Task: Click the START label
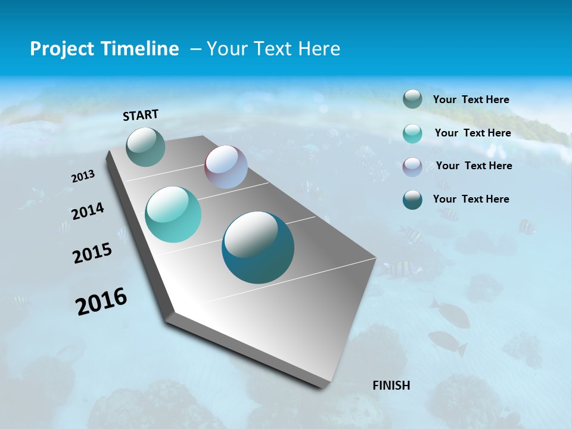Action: [x=141, y=115]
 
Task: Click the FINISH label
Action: [x=391, y=385]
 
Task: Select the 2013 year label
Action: [x=83, y=176]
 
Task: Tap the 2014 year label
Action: [x=88, y=212]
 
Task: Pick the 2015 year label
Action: [x=92, y=253]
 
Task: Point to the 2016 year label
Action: [x=101, y=301]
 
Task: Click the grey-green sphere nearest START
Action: [x=145, y=147]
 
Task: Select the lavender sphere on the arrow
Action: [x=226, y=167]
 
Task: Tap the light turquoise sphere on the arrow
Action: [x=173, y=214]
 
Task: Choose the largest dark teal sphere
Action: [x=258, y=247]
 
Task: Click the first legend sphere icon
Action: [x=412, y=99]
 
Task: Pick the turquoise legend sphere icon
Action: [x=412, y=133]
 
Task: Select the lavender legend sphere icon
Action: [x=412, y=166]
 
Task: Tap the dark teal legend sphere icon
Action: [x=412, y=200]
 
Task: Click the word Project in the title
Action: [x=62, y=49]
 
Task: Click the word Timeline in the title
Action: [x=141, y=49]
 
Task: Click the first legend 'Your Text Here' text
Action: [x=471, y=100]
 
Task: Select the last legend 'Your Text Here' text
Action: [x=471, y=199]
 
